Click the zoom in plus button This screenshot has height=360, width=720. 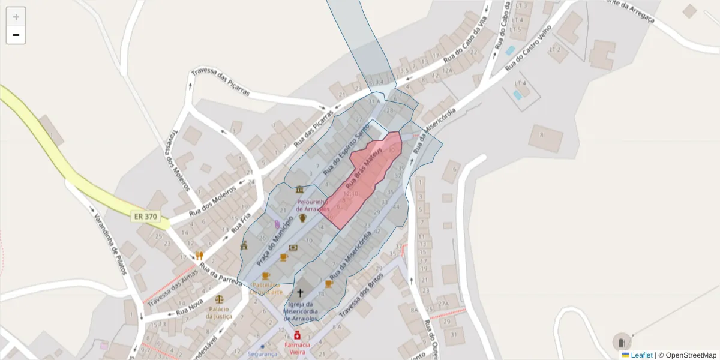pyautogui.click(x=16, y=17)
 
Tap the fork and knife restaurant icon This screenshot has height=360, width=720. pyautogui.click(x=199, y=255)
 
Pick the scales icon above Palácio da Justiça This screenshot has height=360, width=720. pyautogui.click(x=219, y=299)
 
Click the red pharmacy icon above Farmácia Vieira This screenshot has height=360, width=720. pyautogui.click(x=297, y=335)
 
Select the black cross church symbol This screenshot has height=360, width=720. pyautogui.click(x=300, y=293)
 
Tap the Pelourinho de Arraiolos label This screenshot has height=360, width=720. pyautogui.click(x=313, y=205)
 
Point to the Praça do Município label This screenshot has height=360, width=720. pyautogui.click(x=274, y=242)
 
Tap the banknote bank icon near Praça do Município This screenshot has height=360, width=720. pyautogui.click(x=293, y=247)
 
